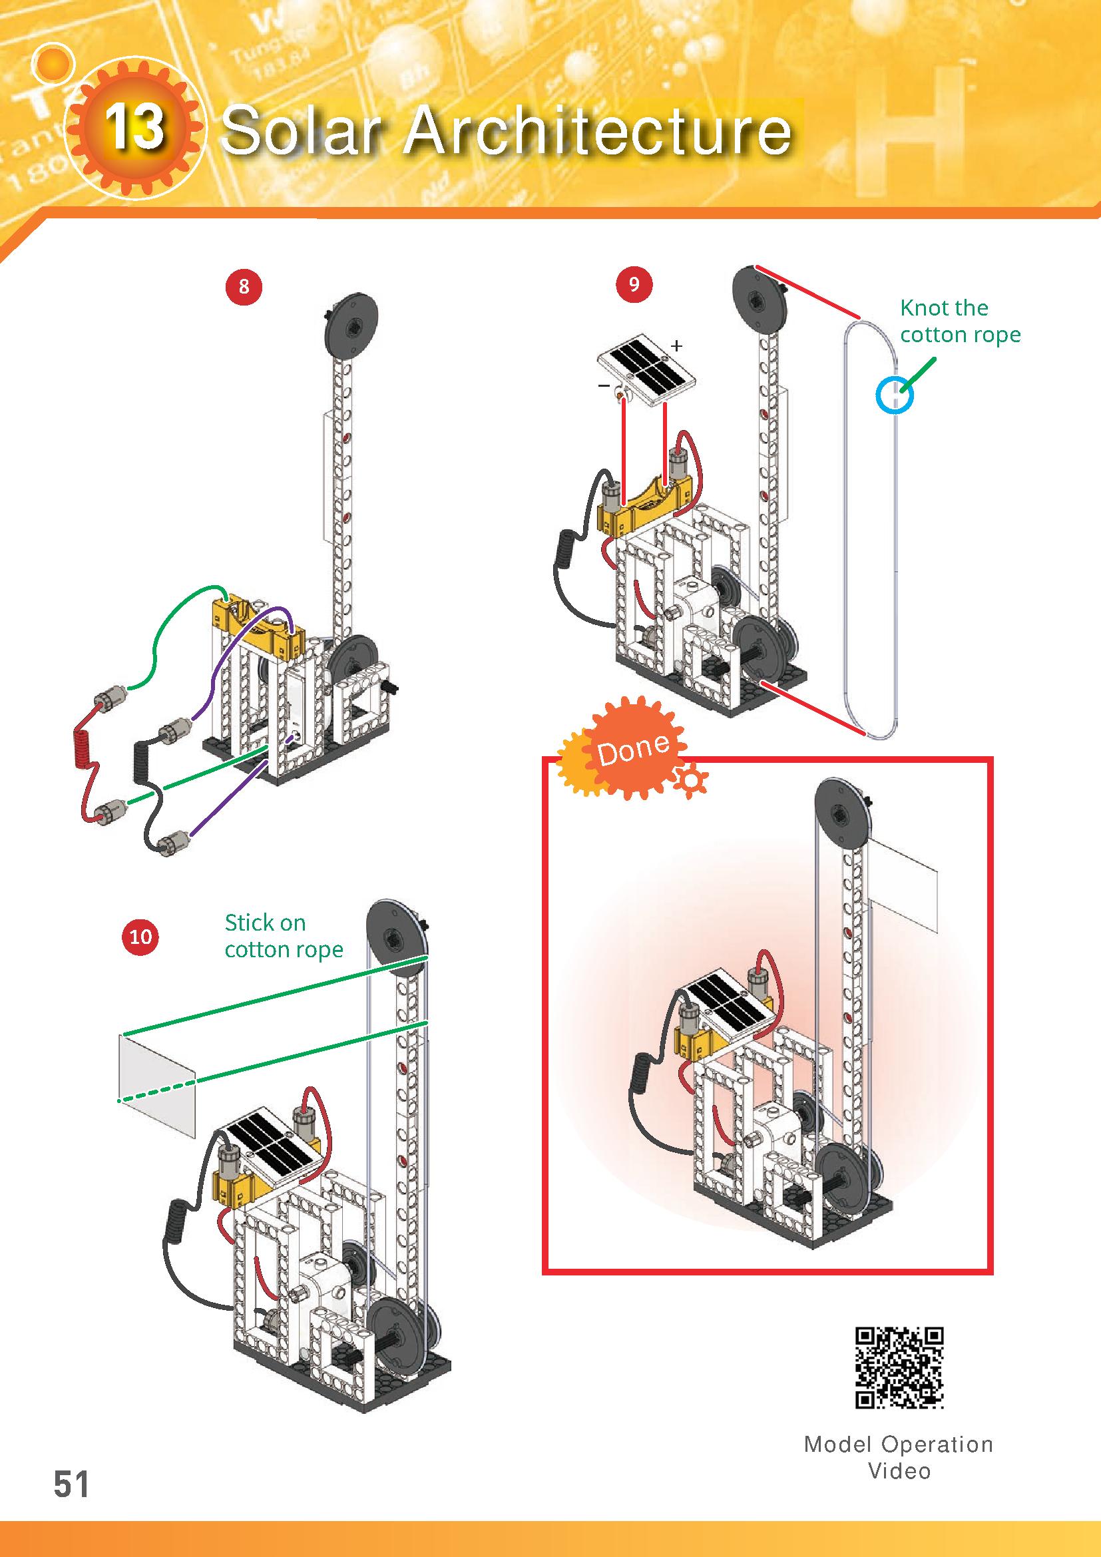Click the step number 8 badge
(244, 287)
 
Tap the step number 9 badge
(634, 284)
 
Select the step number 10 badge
(140, 937)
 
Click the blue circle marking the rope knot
(894, 394)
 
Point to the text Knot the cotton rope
(960, 321)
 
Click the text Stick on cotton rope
(284, 936)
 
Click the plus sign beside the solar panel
(676, 346)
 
